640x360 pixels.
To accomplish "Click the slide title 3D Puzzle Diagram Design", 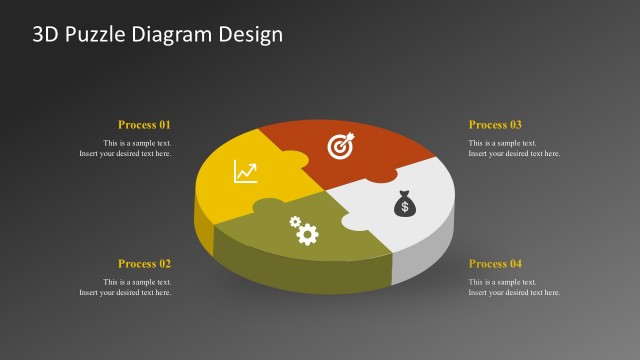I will coord(158,34).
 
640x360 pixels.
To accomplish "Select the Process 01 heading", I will coord(144,125).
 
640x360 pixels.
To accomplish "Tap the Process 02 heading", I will coord(144,264).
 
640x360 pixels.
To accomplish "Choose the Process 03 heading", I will coord(495,125).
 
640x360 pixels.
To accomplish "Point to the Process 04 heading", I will coord(495,264).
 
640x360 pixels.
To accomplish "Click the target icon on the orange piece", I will coord(341,147).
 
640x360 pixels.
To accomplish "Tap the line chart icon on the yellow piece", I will coord(245,171).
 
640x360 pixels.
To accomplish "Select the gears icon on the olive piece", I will coord(303,231).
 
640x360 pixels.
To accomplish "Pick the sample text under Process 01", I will coord(126,148).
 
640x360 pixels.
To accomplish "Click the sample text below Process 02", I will coord(126,287).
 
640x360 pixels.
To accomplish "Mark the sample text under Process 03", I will coord(514,148).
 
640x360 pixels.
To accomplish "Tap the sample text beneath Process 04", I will coord(514,287).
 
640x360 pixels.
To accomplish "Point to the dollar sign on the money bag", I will coord(403,208).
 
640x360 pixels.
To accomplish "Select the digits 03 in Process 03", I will coord(515,125).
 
